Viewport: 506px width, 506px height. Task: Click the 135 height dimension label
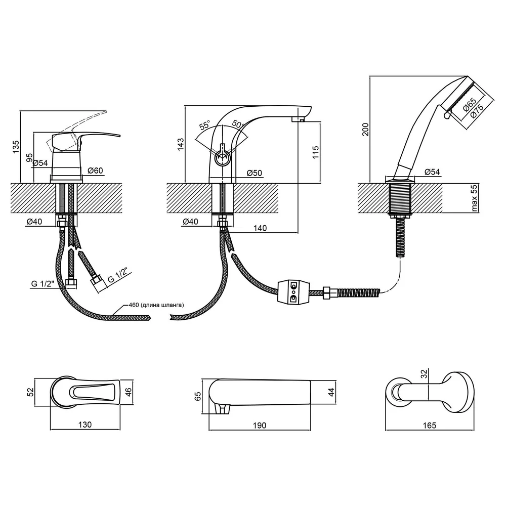coord(16,147)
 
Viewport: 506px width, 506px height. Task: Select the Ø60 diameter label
coord(95,171)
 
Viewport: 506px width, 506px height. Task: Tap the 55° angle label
coord(204,125)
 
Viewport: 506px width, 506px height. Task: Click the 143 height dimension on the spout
coord(181,144)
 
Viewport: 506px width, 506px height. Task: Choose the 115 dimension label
coord(316,152)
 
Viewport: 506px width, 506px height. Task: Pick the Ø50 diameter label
coord(255,173)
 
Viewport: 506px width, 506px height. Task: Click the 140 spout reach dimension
coord(260,228)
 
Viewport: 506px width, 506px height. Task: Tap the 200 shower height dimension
coord(365,130)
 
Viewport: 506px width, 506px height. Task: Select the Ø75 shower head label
coord(477,111)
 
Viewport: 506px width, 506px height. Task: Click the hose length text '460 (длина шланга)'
coord(156,305)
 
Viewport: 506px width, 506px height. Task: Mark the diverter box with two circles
coord(293,292)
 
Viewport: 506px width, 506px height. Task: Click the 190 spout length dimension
coord(260,426)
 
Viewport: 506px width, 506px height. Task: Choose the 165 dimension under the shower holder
coord(430,426)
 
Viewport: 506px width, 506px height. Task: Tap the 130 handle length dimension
coord(85,425)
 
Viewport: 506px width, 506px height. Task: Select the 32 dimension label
coord(424,374)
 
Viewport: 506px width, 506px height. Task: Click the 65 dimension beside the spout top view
coord(198,396)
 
